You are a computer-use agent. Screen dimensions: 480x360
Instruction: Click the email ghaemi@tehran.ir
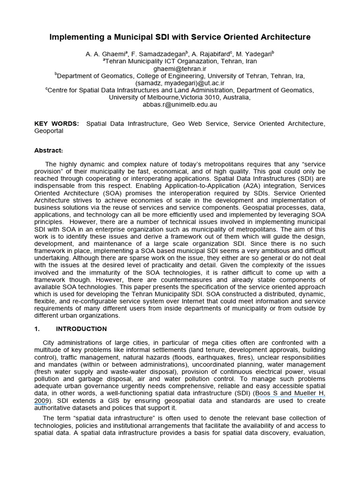click(180, 68)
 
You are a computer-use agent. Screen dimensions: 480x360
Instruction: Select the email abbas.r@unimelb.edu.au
click(180, 105)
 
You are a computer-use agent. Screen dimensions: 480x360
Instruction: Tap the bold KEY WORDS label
click(57, 124)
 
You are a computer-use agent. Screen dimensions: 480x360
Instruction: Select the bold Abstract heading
click(48, 150)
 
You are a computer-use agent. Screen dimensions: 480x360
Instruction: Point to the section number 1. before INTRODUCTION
click(38, 329)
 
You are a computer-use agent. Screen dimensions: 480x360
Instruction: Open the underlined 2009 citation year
click(41, 401)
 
